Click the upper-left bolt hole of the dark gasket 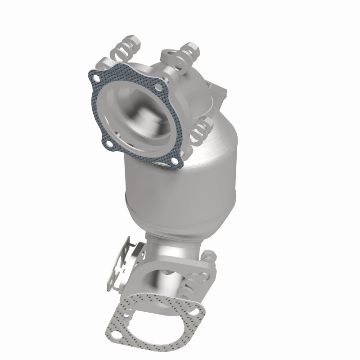coord(95,79)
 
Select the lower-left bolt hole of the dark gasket coord(108,144)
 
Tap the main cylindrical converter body coord(180,180)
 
